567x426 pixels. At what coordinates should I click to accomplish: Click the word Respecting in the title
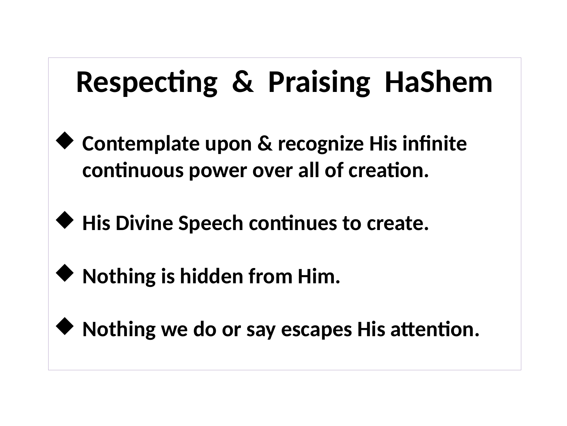[146, 83]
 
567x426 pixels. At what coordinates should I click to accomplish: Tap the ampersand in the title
[242, 82]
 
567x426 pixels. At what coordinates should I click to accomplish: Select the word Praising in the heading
[319, 83]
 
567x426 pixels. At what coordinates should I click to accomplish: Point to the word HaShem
[438, 82]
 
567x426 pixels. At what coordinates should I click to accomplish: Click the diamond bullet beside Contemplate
[64, 141]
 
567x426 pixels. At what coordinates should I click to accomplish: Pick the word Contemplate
[141, 144]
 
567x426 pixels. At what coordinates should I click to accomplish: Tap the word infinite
[434, 143]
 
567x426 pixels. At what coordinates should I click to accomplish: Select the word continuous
[133, 171]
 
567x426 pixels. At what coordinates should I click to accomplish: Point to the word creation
[388, 170]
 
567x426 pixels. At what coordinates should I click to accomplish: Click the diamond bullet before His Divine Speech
[64, 220]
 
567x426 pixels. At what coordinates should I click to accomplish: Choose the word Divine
[144, 223]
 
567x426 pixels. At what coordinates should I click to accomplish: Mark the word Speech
[211, 224]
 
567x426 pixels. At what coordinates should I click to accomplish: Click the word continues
[293, 224]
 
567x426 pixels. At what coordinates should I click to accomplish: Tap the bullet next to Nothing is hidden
[64, 273]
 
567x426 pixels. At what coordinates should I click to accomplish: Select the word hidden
[212, 276]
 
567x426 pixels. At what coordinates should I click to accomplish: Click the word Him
[319, 277]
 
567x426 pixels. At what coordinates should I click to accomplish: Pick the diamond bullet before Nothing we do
[64, 326]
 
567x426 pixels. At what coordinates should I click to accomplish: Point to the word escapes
[316, 330]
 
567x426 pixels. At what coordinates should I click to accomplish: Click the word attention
[435, 329]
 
